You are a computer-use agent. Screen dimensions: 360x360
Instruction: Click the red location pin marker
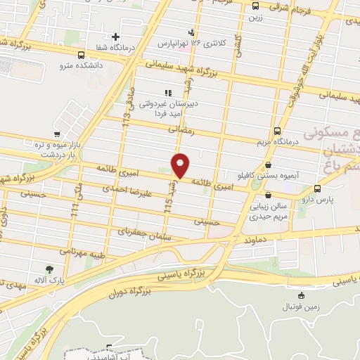click(181, 165)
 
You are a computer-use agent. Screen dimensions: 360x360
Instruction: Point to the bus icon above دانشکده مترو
click(82, 54)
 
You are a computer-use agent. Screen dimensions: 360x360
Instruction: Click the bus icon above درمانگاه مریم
click(277, 130)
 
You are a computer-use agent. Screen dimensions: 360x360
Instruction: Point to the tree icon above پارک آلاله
click(49, 269)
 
